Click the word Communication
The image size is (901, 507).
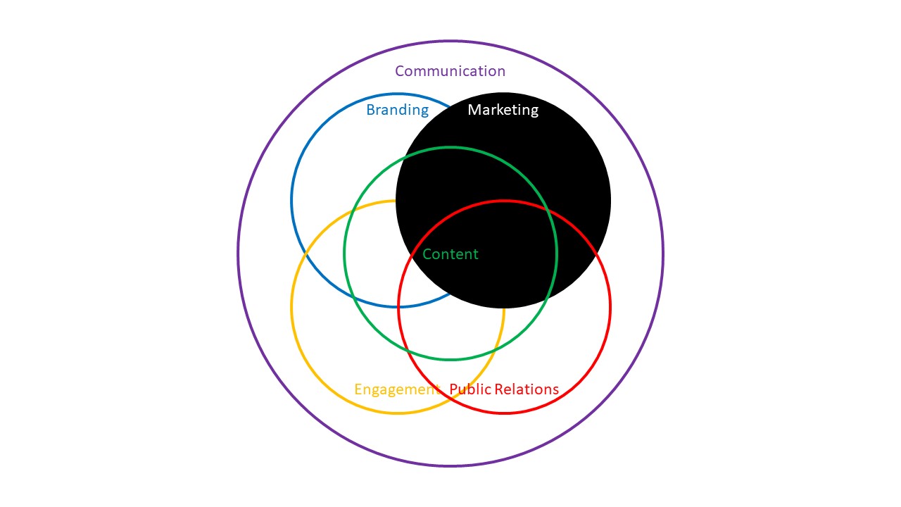(450, 71)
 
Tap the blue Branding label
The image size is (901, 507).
(398, 110)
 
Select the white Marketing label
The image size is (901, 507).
(503, 110)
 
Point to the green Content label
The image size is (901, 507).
(450, 254)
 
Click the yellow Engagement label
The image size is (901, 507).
(396, 389)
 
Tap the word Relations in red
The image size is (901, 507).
(527, 389)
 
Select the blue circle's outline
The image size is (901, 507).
(291, 201)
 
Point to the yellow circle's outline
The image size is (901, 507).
(291, 307)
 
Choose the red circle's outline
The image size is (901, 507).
(610, 307)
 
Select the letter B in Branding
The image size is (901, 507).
(370, 109)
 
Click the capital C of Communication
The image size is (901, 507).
(400, 71)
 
